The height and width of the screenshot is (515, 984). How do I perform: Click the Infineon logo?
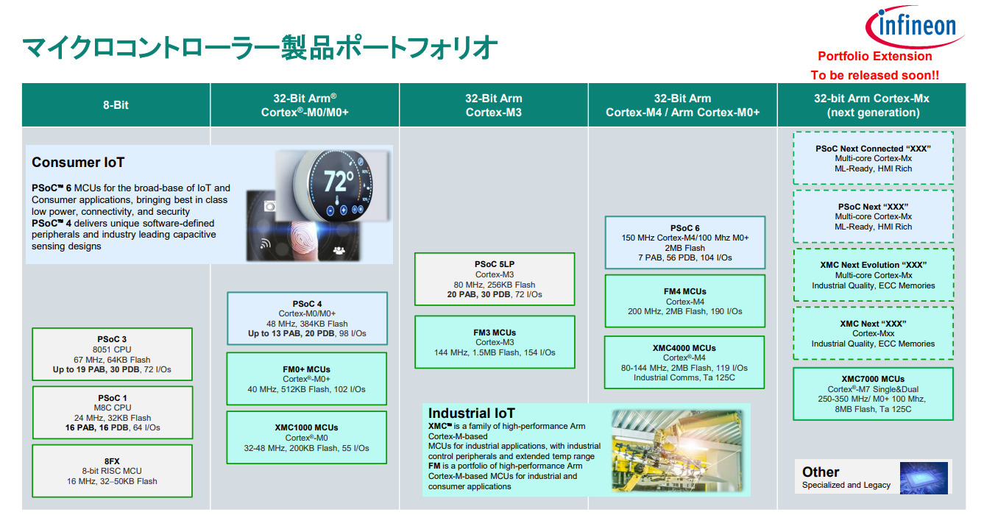pos(915,26)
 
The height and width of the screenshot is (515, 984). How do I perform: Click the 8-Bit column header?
pos(116,105)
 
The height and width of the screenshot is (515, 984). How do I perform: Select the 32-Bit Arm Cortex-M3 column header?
pos(494,105)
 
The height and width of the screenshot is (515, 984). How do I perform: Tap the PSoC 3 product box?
pos(112,355)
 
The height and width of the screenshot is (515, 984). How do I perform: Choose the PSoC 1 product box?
pos(113,413)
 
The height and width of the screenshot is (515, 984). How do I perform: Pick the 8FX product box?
pos(112,471)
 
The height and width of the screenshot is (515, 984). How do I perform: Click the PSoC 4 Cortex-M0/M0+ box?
pos(307,319)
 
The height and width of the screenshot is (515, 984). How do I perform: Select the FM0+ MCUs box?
pos(307,379)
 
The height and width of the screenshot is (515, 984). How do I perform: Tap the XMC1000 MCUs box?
pos(307,437)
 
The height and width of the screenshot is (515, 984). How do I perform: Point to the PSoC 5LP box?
pos(495,280)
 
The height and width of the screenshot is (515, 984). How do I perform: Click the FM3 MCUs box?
pos(495,342)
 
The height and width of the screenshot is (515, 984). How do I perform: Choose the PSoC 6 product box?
pos(685,242)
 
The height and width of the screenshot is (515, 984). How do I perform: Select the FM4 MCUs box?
pos(685,301)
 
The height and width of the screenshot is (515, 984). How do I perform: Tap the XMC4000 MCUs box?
pos(684,362)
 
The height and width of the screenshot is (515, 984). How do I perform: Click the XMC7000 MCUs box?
pos(874,394)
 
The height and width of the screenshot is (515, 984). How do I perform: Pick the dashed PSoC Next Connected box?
pos(874,158)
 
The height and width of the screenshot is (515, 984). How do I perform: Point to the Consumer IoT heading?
pos(78,163)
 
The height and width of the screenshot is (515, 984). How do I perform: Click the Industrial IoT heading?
pos(471,413)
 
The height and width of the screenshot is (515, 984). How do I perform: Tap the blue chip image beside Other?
pos(924,477)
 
